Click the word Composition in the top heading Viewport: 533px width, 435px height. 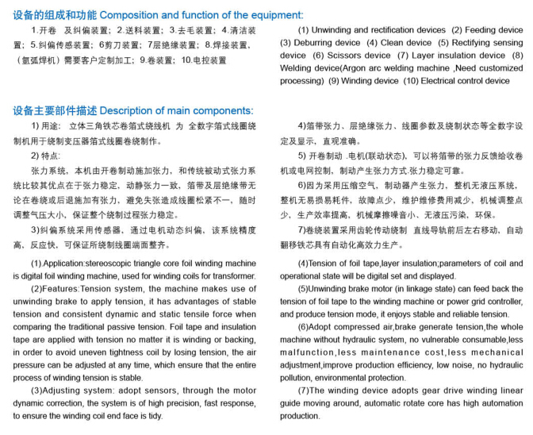[x=138, y=13]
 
